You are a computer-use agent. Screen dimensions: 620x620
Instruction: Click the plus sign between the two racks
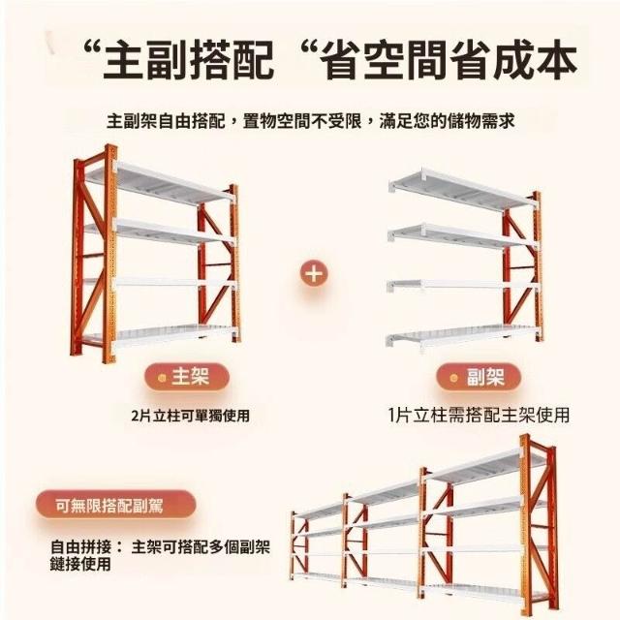click(x=314, y=273)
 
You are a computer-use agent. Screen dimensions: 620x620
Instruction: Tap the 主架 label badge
click(x=186, y=377)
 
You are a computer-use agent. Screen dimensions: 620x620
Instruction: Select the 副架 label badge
click(x=479, y=377)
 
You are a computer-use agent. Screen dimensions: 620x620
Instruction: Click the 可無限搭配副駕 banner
click(x=116, y=505)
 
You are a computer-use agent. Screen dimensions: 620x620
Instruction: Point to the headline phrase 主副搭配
click(x=189, y=61)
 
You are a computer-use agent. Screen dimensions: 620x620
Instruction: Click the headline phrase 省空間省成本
click(x=449, y=61)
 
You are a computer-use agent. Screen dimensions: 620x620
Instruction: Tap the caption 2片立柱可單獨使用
click(x=191, y=416)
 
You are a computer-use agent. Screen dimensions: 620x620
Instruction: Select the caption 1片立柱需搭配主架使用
click(x=479, y=416)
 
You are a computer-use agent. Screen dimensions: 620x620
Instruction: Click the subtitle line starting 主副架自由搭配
click(x=310, y=120)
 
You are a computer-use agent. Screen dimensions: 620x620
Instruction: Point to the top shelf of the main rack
click(x=158, y=183)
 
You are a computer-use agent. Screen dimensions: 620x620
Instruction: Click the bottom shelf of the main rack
click(x=158, y=335)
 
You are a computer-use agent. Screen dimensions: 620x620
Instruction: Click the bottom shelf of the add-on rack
click(x=462, y=337)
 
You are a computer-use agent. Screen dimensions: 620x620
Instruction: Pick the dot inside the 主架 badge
click(x=162, y=378)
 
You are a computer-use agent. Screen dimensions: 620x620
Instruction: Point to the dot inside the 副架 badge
click(x=454, y=378)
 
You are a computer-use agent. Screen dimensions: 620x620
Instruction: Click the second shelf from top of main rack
click(x=158, y=232)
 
